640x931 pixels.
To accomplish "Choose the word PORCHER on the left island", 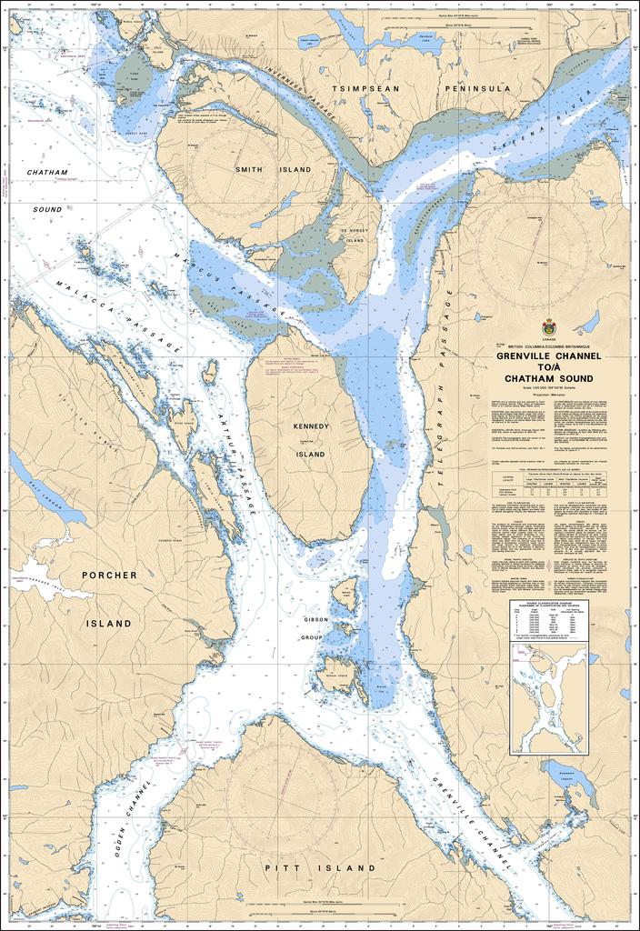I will pyautogui.click(x=109, y=576).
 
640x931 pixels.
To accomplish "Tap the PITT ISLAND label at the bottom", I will pyautogui.click(x=319, y=869).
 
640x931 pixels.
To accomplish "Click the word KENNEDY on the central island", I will pyautogui.click(x=310, y=426).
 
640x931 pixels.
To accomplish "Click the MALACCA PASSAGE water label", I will pyautogui.click(x=118, y=312).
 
